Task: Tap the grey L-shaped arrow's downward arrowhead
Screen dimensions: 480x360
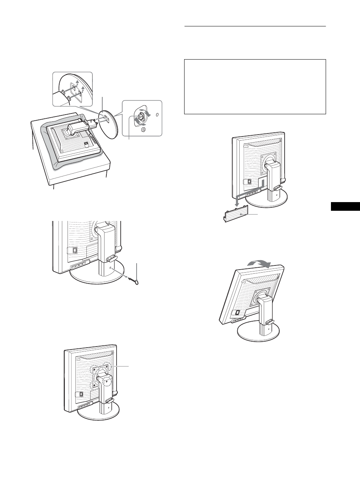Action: tap(236, 205)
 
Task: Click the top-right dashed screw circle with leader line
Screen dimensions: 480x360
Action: tap(108, 366)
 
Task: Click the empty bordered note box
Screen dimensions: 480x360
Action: tap(255, 86)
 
